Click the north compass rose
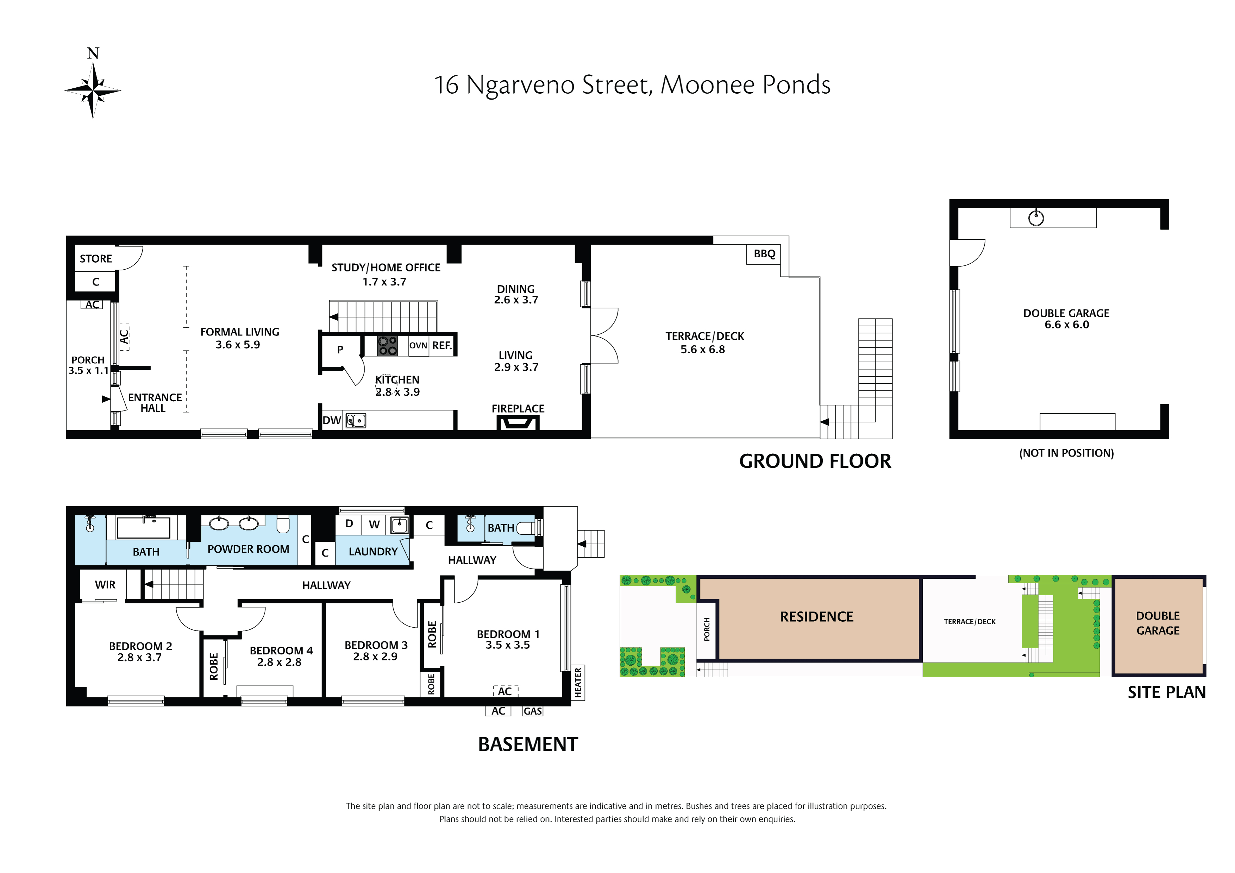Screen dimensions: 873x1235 click(x=93, y=90)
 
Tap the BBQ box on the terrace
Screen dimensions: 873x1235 click(x=764, y=254)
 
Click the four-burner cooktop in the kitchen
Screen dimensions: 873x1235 click(x=387, y=345)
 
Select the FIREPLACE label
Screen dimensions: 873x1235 click(x=518, y=409)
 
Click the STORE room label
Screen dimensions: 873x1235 click(x=96, y=259)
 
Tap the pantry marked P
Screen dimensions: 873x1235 click(x=340, y=350)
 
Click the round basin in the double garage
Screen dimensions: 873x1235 click(x=1036, y=218)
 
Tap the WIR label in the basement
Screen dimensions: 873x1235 click(x=105, y=585)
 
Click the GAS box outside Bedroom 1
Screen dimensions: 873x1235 click(x=533, y=711)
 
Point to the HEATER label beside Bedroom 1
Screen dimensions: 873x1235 click(x=578, y=683)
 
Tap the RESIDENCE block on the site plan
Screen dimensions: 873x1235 click(x=816, y=617)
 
